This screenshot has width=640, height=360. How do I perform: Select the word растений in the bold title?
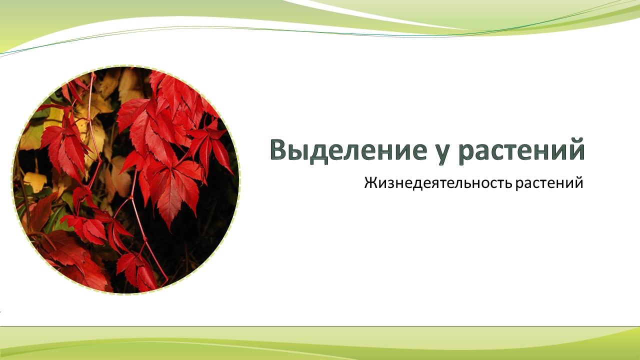click(521, 151)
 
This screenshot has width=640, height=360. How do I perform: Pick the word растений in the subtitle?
click(549, 183)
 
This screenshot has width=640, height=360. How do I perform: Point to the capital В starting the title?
click(279, 149)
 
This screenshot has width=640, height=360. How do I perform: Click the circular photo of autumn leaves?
click(125, 180)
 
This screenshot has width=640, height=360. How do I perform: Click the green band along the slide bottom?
click(320, 343)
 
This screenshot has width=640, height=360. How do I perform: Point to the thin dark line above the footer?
click(320, 326)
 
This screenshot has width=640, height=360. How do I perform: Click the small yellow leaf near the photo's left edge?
click(35, 181)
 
